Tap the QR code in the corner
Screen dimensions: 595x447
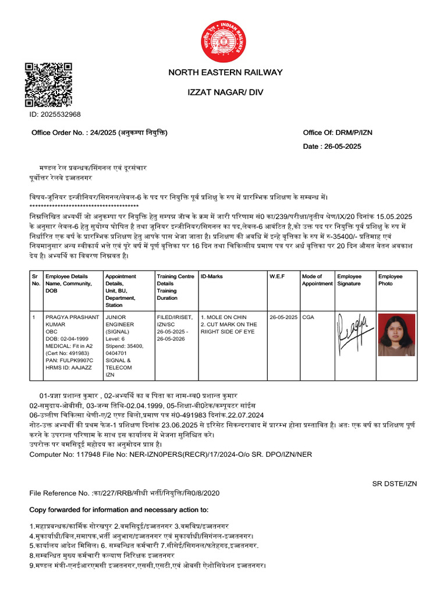point(48,84)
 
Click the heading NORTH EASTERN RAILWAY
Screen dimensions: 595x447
point(225,73)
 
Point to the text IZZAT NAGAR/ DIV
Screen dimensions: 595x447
point(225,93)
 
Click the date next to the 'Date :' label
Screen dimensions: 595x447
point(344,146)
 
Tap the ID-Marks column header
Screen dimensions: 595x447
point(211,277)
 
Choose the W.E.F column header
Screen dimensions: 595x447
point(276,277)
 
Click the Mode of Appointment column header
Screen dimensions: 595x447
point(317,280)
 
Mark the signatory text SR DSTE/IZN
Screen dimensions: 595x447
point(395,483)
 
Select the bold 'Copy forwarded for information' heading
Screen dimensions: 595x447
point(119,510)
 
